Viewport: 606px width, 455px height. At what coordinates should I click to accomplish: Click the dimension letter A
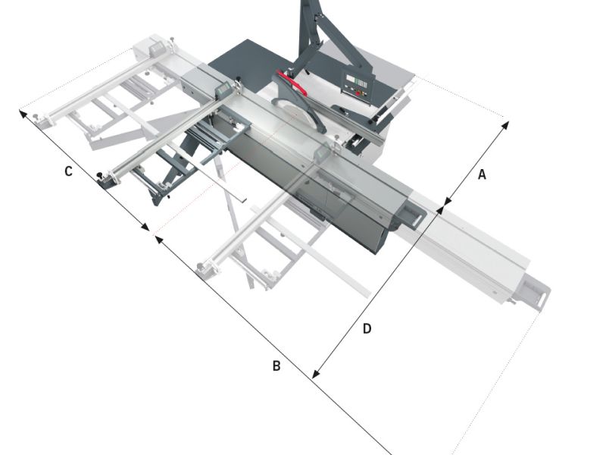(482, 175)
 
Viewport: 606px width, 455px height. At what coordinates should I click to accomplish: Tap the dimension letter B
(276, 366)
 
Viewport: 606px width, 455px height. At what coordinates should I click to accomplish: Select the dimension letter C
(68, 171)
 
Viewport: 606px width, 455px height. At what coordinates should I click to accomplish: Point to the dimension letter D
(367, 329)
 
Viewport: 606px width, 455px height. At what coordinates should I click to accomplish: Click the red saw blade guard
(292, 83)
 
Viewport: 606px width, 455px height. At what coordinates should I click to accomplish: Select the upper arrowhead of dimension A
(504, 126)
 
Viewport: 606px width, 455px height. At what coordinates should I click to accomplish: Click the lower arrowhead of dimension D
(316, 373)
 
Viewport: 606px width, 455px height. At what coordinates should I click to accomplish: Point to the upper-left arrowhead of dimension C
(23, 114)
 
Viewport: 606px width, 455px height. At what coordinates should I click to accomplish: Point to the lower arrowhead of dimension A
(448, 201)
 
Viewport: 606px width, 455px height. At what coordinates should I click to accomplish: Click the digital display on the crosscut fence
(223, 89)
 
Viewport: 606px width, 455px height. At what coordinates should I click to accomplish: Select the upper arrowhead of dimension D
(441, 211)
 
